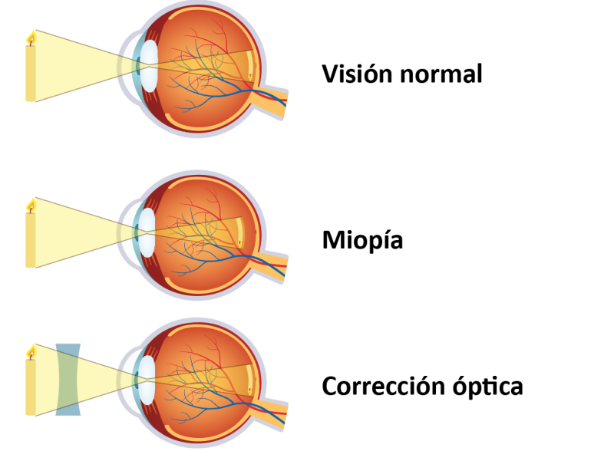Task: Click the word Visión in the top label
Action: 357,73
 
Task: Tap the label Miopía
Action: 362,240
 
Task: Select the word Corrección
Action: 383,386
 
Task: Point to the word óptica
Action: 488,386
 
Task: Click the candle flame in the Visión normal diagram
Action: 31,38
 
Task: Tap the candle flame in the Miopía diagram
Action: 31,206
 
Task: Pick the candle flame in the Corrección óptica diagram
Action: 31,352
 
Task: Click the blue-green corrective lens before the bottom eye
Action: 68,380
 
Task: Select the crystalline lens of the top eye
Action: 149,66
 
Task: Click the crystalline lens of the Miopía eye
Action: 147,232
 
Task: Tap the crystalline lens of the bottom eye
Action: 147,380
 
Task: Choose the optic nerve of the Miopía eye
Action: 270,266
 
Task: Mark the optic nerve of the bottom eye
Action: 270,413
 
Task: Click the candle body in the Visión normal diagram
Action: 31,73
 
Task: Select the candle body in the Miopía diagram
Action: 31,240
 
